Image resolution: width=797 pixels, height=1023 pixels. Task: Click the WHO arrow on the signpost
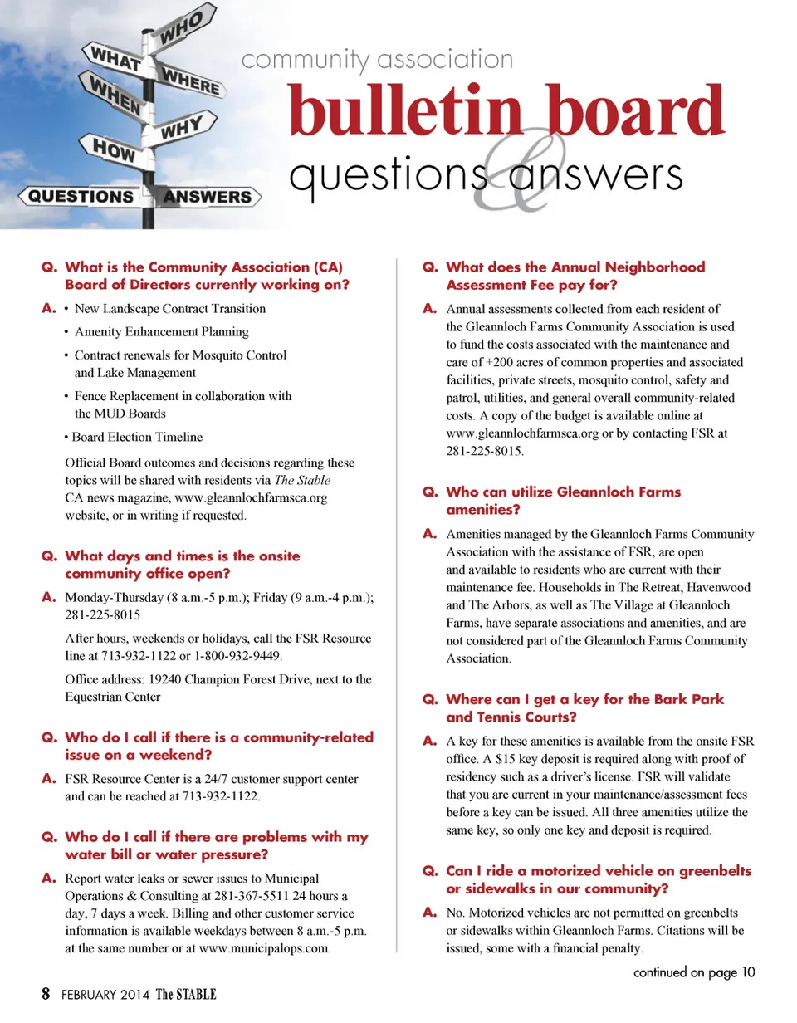pos(183,26)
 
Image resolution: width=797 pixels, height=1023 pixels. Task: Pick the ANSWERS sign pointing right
pos(208,197)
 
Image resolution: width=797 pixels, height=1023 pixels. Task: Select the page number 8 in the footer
pos(46,994)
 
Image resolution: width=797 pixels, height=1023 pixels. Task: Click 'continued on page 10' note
pos(694,972)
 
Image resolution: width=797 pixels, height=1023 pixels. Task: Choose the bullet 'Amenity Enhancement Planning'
pos(161,332)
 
